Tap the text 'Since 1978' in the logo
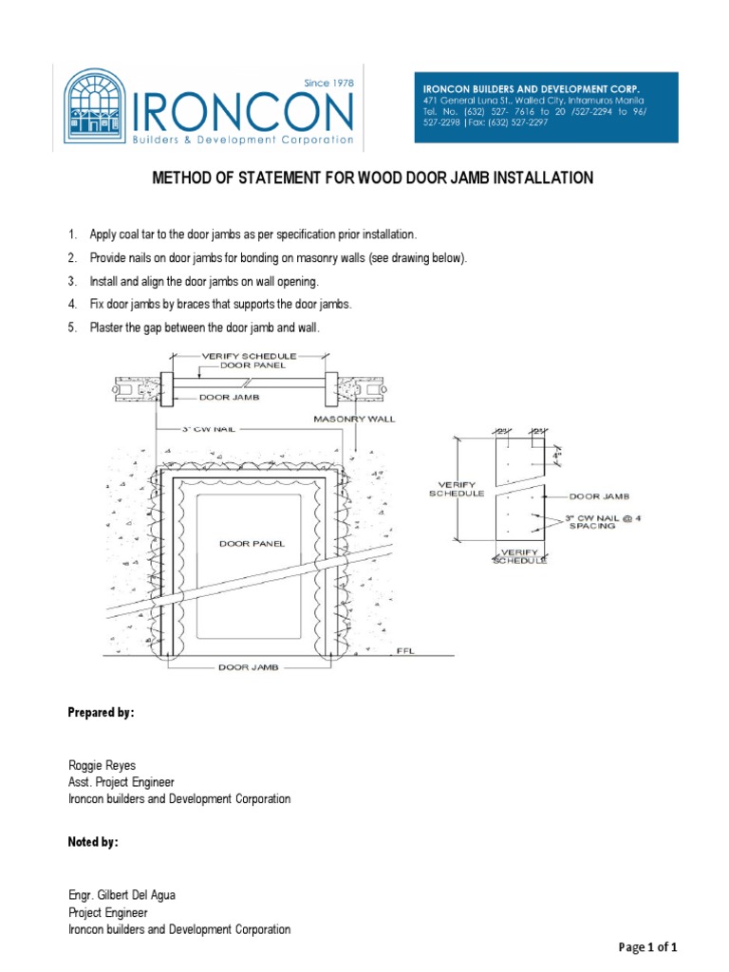(x=328, y=84)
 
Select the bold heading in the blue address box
(x=531, y=88)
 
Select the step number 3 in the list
(x=70, y=282)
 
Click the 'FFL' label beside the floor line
(x=409, y=651)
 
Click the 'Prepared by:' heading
(x=100, y=712)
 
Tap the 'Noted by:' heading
(x=93, y=842)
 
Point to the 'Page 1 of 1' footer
(x=648, y=947)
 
